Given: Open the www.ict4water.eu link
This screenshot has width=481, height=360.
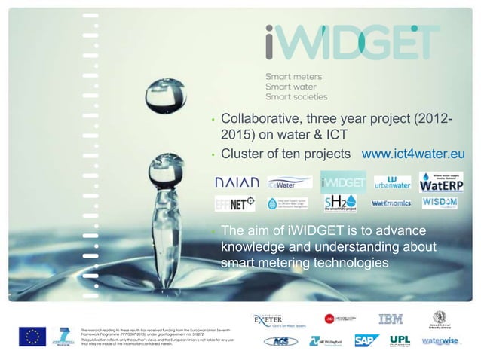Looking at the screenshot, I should pyautogui.click(x=414, y=154).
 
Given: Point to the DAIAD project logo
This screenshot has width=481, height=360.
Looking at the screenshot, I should pyautogui.click(x=237, y=183).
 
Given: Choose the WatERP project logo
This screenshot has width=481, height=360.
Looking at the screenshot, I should pyautogui.click(x=441, y=182).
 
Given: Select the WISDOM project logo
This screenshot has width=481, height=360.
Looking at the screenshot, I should pyautogui.click(x=441, y=203).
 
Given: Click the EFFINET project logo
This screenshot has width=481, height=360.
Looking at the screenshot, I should pyautogui.click(x=235, y=203).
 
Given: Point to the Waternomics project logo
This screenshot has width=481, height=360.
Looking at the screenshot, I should pyautogui.click(x=391, y=203).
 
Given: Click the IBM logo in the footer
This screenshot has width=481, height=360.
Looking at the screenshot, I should pyautogui.click(x=390, y=319).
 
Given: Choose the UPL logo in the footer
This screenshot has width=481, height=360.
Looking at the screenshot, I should pyautogui.click(x=400, y=340).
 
